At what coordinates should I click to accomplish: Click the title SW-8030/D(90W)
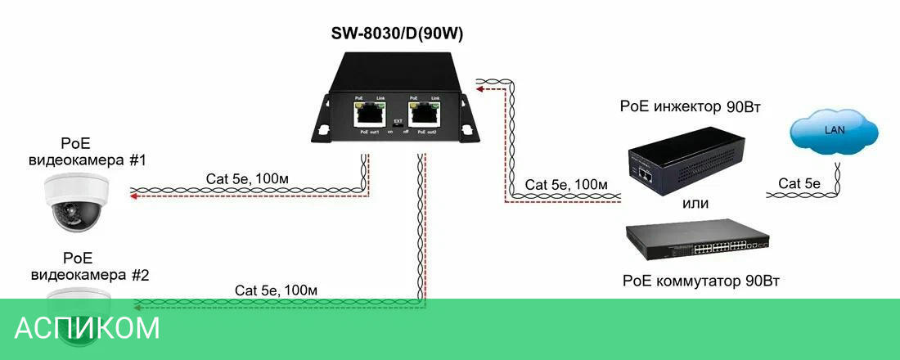(396, 34)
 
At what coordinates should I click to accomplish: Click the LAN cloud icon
(834, 132)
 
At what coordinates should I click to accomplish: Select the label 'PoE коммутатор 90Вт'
(701, 281)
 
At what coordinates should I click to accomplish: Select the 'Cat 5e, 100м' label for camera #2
(276, 290)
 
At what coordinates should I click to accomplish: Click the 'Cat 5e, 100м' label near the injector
(566, 184)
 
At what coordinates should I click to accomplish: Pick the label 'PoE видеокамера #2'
(89, 266)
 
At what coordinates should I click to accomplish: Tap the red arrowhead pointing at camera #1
(133, 196)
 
